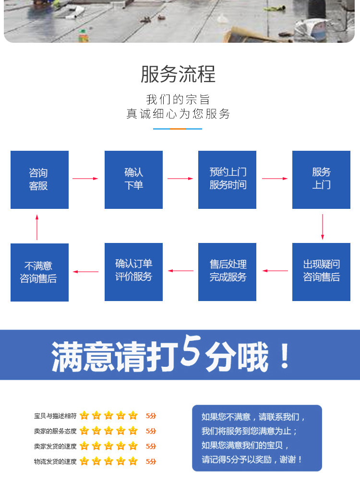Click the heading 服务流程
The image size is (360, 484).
178,74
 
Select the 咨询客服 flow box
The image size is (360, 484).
39,180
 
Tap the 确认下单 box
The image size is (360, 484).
133,180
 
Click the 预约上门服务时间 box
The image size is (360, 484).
227,180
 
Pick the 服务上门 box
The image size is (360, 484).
321,180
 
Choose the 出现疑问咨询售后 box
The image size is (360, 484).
321,272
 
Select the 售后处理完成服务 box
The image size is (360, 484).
227,272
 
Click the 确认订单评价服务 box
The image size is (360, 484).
133,272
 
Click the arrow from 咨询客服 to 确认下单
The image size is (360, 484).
85,179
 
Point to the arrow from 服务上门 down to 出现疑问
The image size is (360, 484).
322,227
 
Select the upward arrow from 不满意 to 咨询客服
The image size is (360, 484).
37,227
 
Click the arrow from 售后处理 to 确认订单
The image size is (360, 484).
180,271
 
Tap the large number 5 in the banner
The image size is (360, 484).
191,354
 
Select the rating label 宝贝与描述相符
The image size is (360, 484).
55,416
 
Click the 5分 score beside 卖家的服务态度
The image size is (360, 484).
151,431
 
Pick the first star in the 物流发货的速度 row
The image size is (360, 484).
84,461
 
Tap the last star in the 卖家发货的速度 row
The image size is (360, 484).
133,446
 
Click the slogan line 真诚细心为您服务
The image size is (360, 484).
178,114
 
